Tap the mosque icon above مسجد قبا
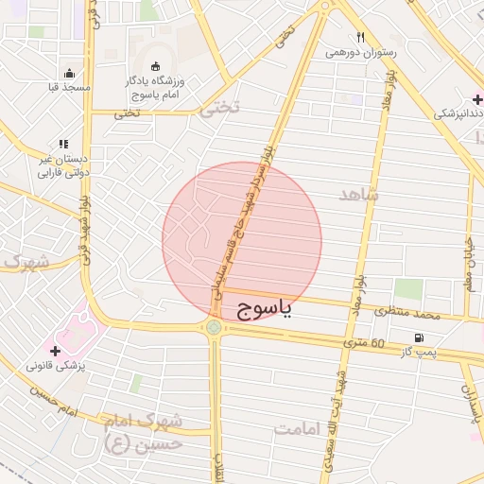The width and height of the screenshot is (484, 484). [x=68, y=73]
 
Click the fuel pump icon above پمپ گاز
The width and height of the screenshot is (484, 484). [x=418, y=337]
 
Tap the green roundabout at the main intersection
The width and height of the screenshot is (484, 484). [x=215, y=328]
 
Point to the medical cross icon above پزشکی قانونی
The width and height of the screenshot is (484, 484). [x=65, y=350]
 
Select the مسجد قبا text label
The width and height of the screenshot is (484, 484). [x=69, y=87]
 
